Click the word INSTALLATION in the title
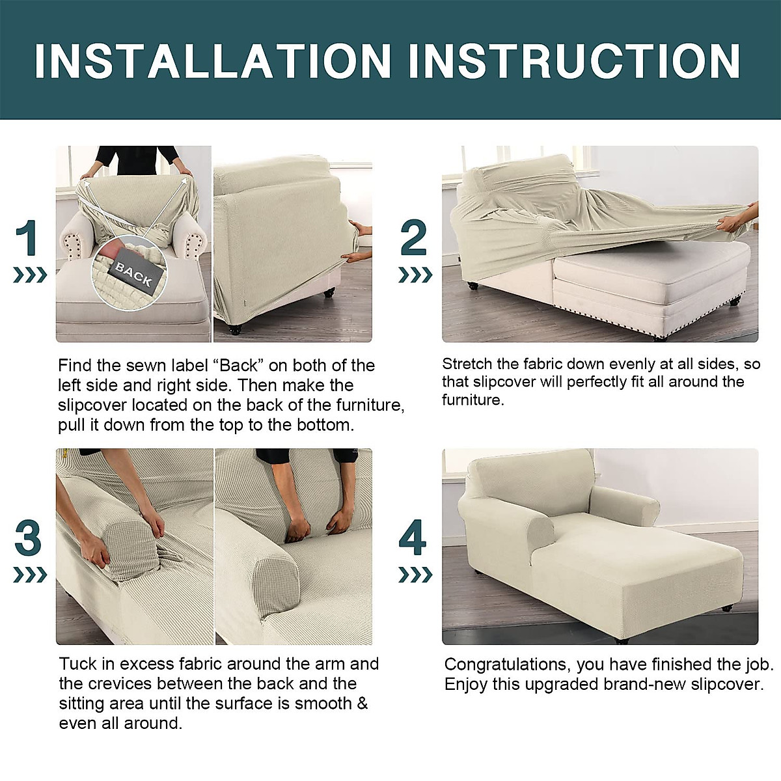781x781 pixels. pos(213,61)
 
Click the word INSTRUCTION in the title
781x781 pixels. pos(574,61)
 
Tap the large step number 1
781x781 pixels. pos(27,238)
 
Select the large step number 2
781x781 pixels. pos(414,238)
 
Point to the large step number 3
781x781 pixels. pos(28,539)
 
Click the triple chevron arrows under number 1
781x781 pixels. pos(30,275)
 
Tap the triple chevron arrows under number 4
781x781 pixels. pos(415,575)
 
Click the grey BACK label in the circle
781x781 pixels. pos(133,274)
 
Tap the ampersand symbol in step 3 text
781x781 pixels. pos(363,704)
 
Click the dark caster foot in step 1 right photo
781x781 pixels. pos(235,330)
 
